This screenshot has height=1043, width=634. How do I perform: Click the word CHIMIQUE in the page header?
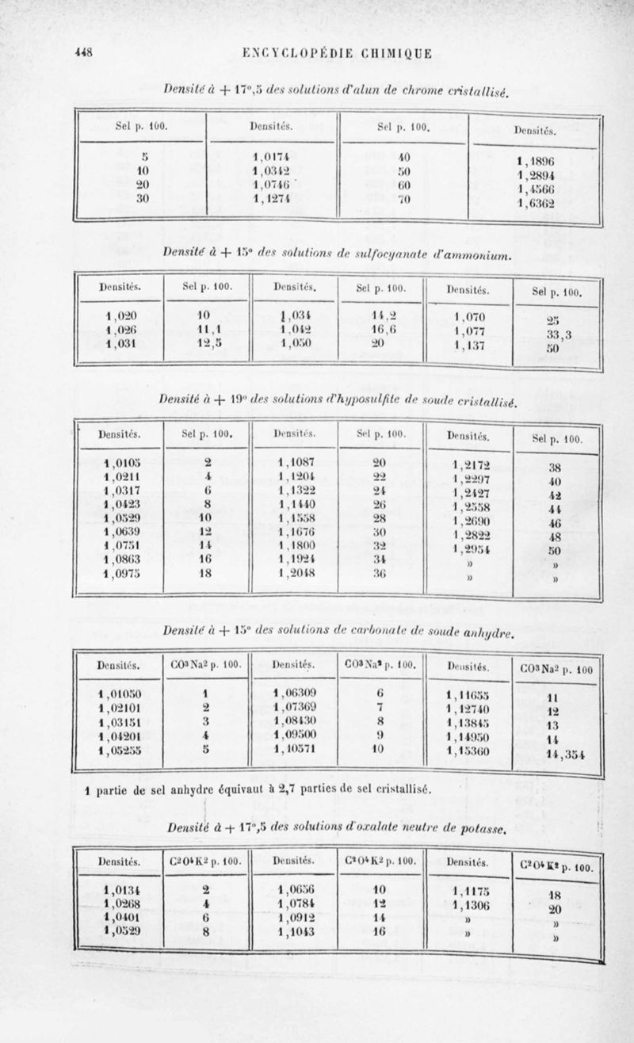click(393, 54)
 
